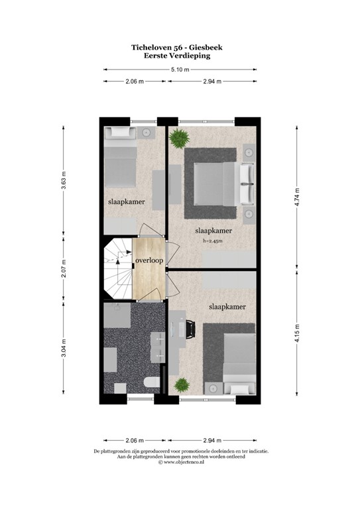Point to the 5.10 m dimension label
pyautogui.click(x=179, y=69)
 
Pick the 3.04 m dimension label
pyautogui.click(x=64, y=347)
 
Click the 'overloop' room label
pyautogui.click(x=149, y=261)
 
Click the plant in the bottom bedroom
pyautogui.click(x=180, y=384)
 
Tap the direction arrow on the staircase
pyautogui.click(x=118, y=260)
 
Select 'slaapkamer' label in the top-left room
pyautogui.click(x=126, y=201)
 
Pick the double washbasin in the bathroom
pyautogui.click(x=160, y=347)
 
